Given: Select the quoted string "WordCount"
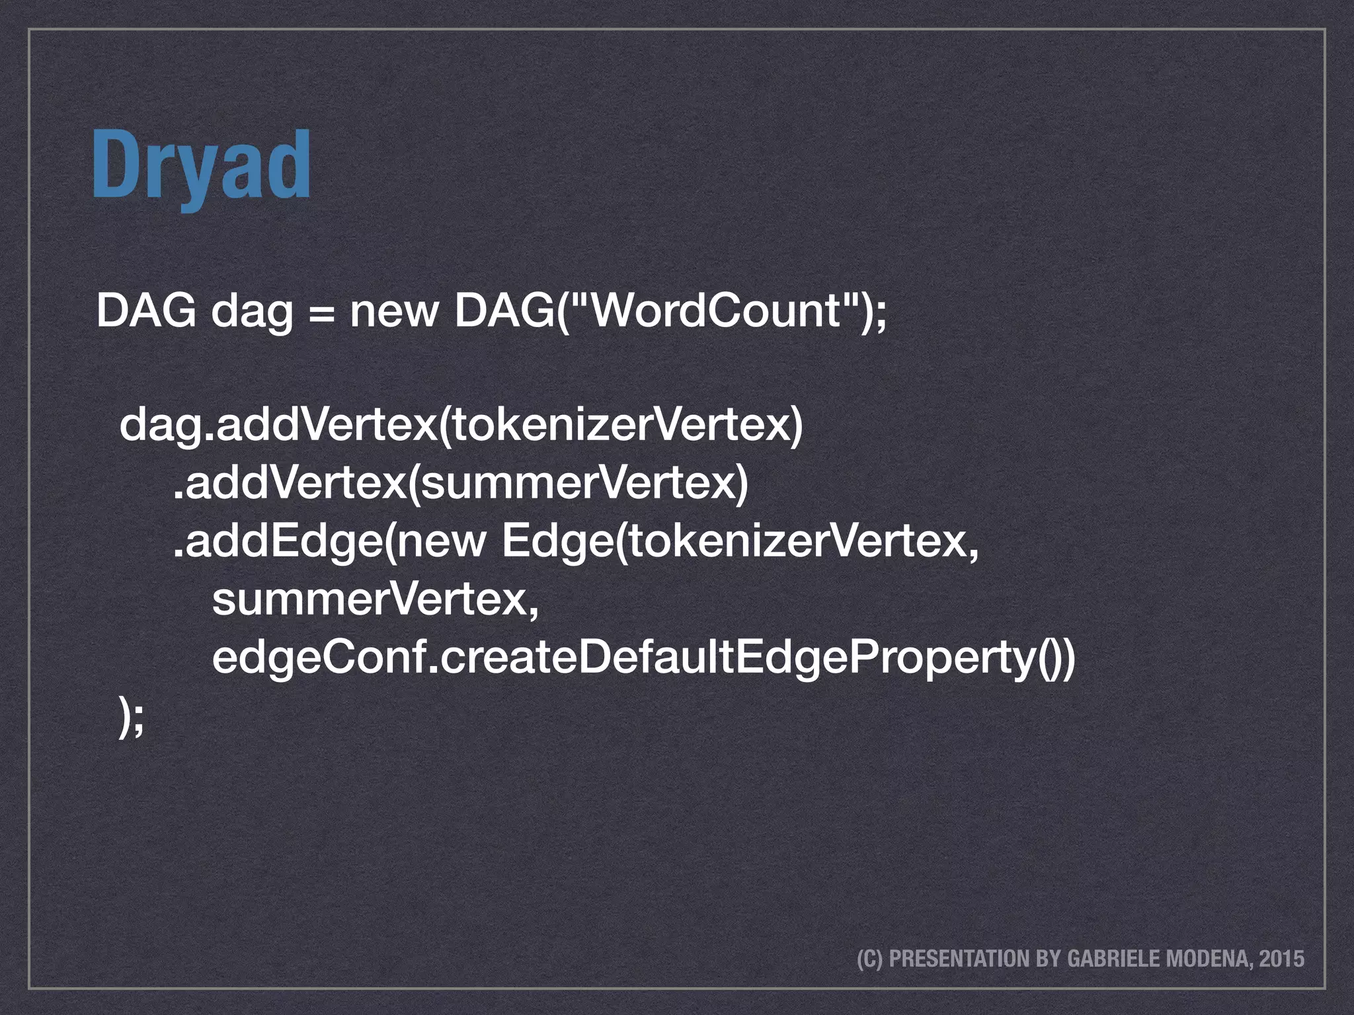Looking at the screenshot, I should [x=714, y=311].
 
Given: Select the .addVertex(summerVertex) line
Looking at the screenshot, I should [x=460, y=484].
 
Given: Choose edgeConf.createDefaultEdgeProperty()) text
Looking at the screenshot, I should [x=643, y=659].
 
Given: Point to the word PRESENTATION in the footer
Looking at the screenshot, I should [x=959, y=959].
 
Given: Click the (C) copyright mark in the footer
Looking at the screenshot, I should [x=869, y=959].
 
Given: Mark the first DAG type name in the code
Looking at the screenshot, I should [x=146, y=311].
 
